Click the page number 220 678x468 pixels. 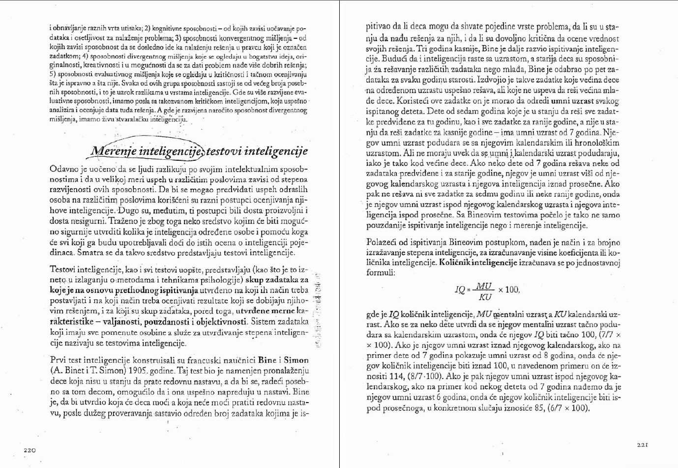[x=30, y=450]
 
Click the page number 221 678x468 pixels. [x=642, y=445]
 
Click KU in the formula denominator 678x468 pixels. [x=485, y=296]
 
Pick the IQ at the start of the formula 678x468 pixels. [x=460, y=290]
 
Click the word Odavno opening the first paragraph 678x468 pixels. [x=64, y=169]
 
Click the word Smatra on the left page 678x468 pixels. [x=89, y=253]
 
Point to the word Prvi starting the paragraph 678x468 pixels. [x=59, y=360]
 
